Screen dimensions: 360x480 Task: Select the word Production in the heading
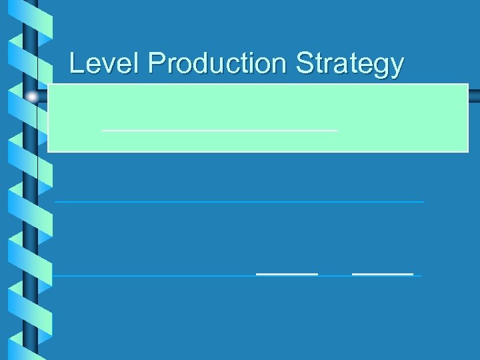218,64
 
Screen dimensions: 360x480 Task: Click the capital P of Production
156,64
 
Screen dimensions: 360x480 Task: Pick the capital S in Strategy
303,64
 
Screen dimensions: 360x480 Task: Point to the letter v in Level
105,66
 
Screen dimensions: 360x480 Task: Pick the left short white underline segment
287,274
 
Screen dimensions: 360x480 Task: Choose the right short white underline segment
383,274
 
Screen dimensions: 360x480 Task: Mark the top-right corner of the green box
468,84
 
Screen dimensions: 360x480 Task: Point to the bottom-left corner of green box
48,152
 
